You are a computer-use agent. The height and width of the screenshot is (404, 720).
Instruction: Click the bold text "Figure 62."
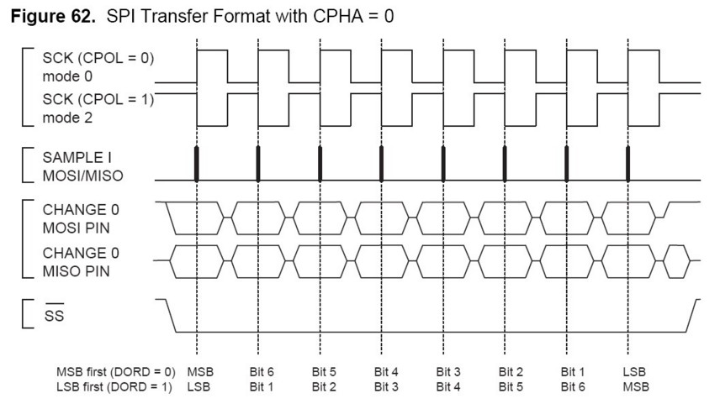tap(53, 17)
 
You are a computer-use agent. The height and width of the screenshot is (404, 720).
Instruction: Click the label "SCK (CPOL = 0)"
tap(98, 58)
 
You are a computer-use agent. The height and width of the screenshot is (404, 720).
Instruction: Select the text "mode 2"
tap(67, 118)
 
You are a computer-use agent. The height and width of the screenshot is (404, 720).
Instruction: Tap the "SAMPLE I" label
tap(77, 158)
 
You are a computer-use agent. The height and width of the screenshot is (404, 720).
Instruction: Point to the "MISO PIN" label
tap(77, 271)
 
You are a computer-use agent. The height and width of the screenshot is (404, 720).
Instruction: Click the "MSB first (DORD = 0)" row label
tap(116, 372)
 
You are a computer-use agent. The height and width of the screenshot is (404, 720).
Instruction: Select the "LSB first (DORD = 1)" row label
tap(114, 387)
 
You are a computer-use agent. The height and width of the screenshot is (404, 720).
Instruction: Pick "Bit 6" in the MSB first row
tap(262, 372)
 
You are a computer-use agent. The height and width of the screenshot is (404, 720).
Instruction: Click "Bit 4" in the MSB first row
tap(386, 372)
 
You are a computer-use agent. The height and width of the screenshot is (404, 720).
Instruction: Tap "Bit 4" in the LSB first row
tap(448, 387)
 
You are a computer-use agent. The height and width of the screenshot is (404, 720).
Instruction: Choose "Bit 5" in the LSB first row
tap(511, 387)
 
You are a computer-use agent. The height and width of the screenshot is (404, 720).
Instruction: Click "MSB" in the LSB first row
tap(636, 387)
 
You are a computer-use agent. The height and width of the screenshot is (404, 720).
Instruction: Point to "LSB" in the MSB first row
tap(634, 372)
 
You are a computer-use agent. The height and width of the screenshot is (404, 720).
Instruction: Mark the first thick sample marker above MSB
tap(197, 164)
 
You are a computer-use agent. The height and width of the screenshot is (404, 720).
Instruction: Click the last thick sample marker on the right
tap(627, 164)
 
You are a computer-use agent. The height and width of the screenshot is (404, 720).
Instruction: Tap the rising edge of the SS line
tap(692, 316)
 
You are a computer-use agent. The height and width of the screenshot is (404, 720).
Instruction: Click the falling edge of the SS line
tap(171, 316)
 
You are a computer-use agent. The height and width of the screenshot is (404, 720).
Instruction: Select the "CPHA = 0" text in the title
tap(353, 17)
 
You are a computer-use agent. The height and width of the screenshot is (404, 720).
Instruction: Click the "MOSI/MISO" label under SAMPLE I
tap(83, 176)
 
